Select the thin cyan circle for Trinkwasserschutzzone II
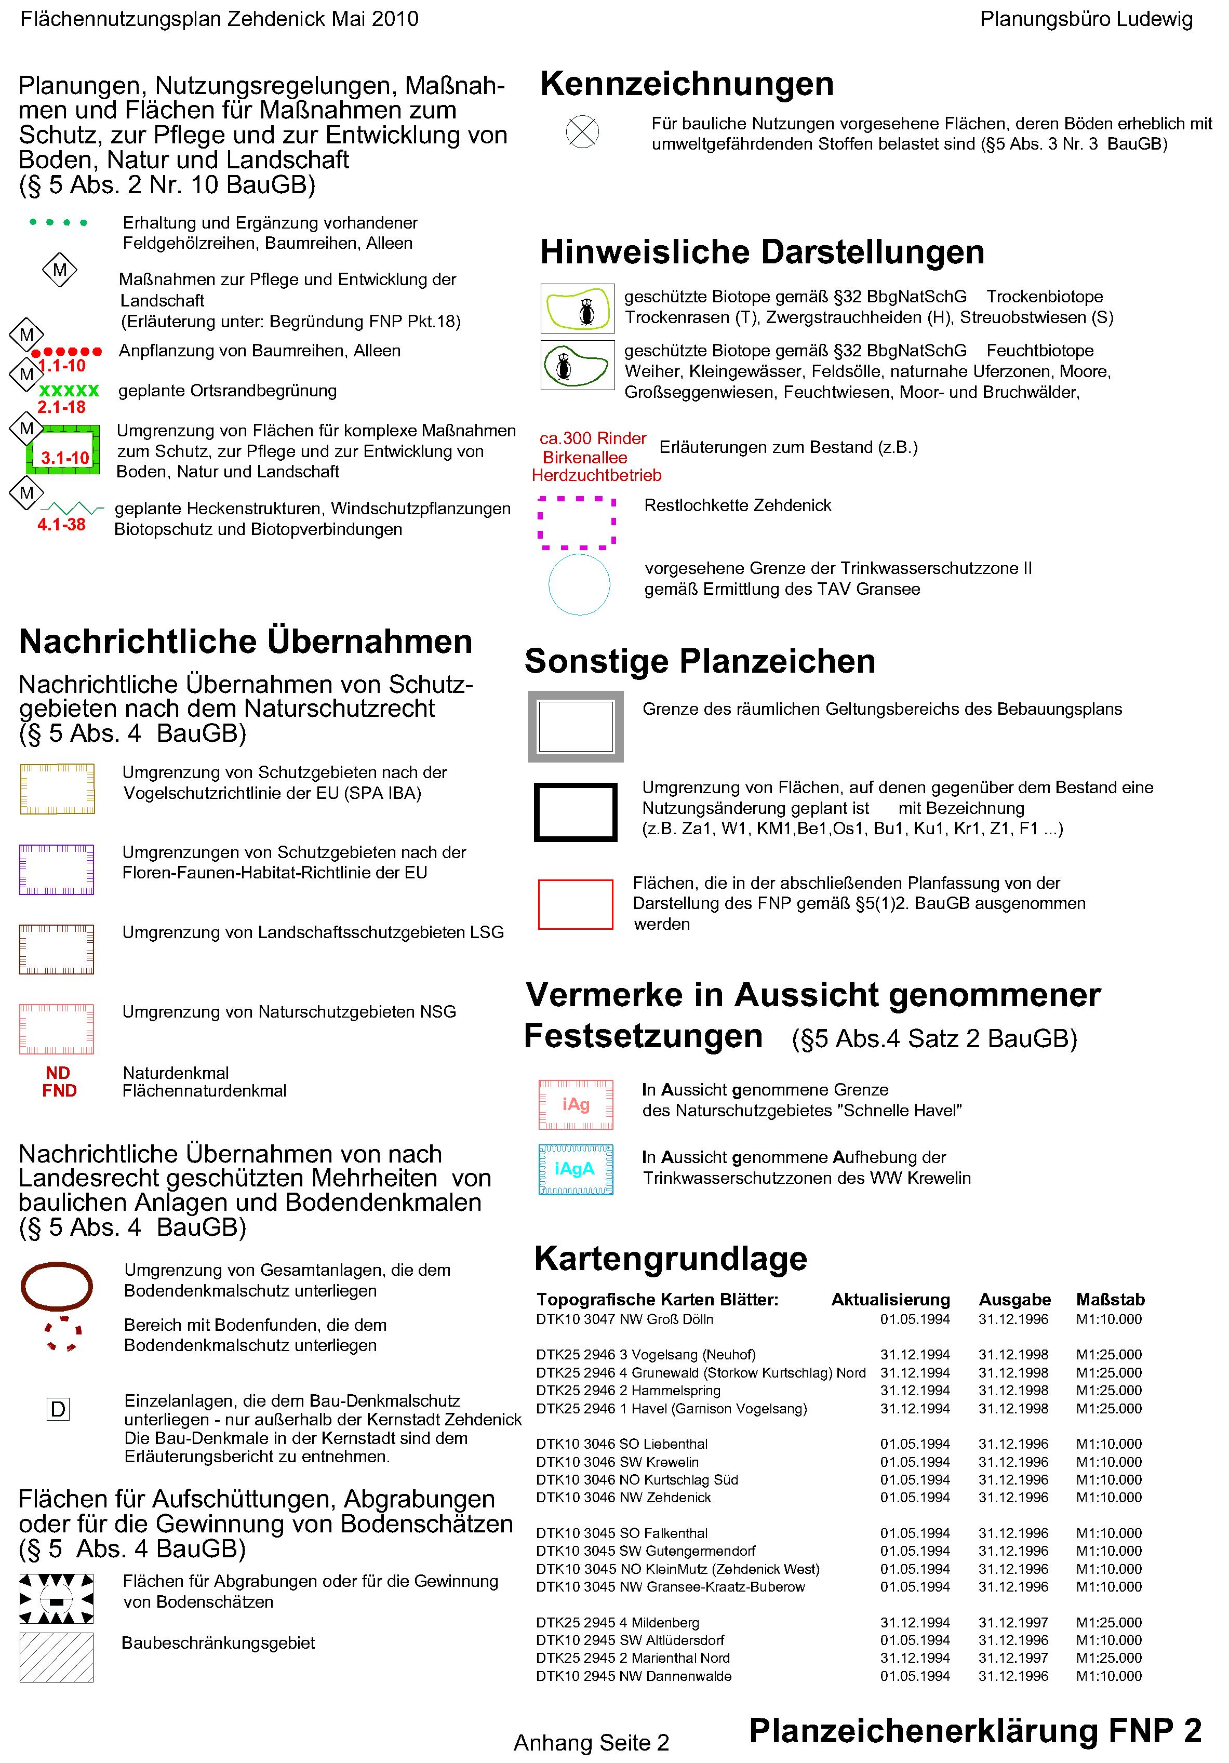pyautogui.click(x=579, y=584)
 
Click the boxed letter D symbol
pyautogui.click(x=58, y=1409)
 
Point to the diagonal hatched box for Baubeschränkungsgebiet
pyautogui.click(x=57, y=1657)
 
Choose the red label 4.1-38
pyautogui.click(x=61, y=525)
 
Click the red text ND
pyautogui.click(x=58, y=1073)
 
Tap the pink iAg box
pyautogui.click(x=576, y=1104)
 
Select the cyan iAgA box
pyautogui.click(x=576, y=1169)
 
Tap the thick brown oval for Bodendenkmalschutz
pyautogui.click(x=56, y=1286)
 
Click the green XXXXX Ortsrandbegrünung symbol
pyautogui.click(x=69, y=391)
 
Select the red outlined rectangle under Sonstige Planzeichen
pyautogui.click(x=576, y=904)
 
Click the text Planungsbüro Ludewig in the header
pyautogui.click(x=1086, y=20)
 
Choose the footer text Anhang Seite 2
pyautogui.click(x=591, y=1742)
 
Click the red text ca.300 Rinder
pyautogui.click(x=593, y=438)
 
